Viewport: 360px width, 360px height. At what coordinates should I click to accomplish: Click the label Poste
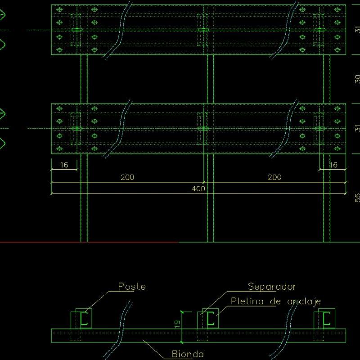click(x=132, y=286)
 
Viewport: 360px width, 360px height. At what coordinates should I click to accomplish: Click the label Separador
click(x=272, y=286)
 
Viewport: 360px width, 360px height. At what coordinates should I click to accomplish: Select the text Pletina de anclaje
click(x=275, y=301)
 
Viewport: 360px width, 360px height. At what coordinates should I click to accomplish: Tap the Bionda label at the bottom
click(x=188, y=354)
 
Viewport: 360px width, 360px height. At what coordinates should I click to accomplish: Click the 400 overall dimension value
click(x=198, y=189)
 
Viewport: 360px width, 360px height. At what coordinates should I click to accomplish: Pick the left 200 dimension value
click(x=127, y=177)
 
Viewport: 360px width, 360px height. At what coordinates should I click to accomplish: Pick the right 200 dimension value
click(x=274, y=177)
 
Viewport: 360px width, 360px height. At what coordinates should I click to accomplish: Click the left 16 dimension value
click(x=64, y=165)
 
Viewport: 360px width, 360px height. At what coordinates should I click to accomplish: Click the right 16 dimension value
click(x=333, y=165)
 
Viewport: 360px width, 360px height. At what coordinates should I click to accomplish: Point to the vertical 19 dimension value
click(x=178, y=323)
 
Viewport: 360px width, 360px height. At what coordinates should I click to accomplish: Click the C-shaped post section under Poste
click(x=84, y=319)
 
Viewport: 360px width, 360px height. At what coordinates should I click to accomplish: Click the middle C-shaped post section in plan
click(x=210, y=319)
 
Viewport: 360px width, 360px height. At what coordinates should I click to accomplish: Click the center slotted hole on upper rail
click(x=204, y=30)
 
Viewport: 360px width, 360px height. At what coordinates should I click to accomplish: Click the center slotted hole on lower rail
click(x=204, y=129)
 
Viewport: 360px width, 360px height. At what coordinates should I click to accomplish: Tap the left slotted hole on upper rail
click(x=77, y=30)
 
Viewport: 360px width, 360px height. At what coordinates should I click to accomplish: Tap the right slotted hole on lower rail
click(x=320, y=129)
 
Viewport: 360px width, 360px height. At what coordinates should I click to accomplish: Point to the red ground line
click(x=90, y=242)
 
